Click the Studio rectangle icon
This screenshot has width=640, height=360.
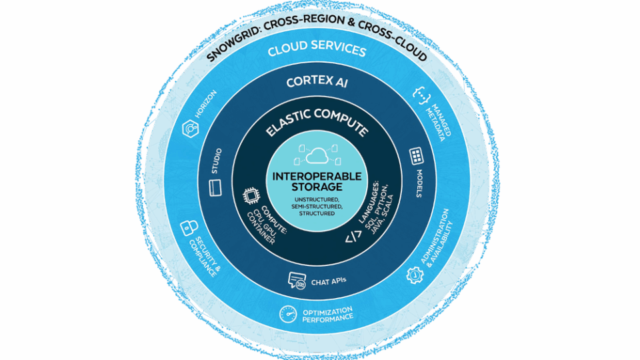pos(215,189)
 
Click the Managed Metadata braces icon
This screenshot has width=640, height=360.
pos(421,95)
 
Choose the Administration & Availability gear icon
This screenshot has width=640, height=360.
pos(415,273)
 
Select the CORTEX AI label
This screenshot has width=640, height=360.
pos(317,83)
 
